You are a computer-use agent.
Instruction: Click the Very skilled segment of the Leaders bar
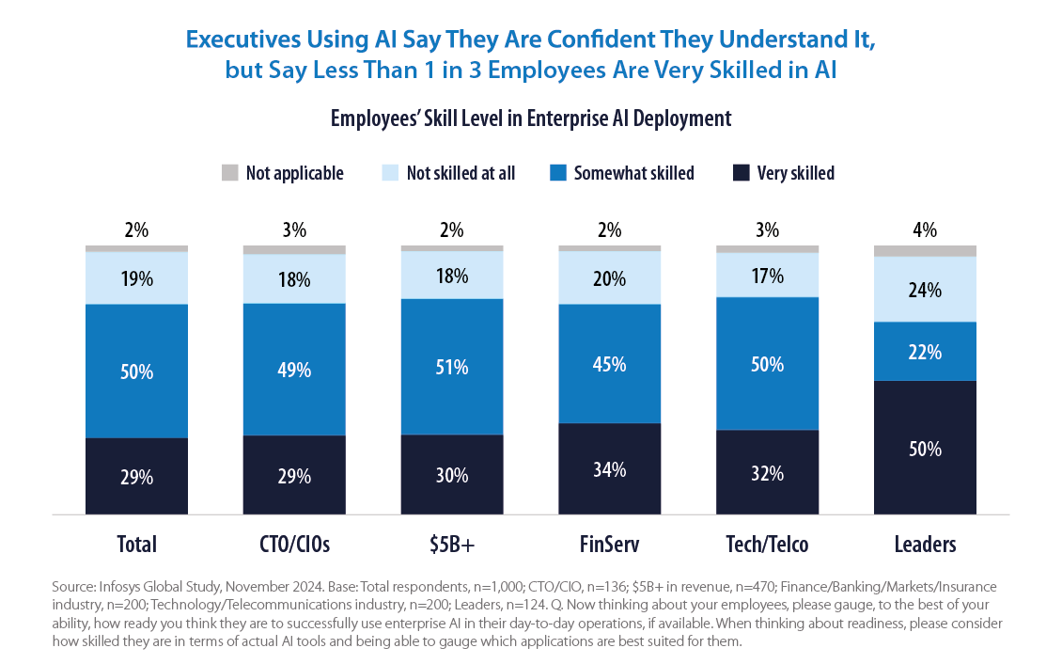tap(925, 414)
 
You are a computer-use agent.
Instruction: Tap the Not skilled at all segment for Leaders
tap(925, 290)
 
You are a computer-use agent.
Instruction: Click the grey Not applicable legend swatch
tap(230, 172)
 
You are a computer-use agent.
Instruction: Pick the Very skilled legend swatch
tap(741, 172)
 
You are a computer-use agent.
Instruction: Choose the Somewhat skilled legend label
tap(633, 173)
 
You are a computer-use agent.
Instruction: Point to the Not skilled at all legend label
tap(461, 173)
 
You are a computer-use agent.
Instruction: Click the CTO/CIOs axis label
tap(294, 544)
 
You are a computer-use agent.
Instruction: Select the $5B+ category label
tap(451, 544)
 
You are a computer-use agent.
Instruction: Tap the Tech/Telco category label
tap(767, 544)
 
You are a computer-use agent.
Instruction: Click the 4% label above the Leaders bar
tap(925, 229)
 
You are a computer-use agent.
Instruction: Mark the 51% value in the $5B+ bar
tap(451, 367)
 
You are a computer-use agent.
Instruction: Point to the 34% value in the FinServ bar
tap(609, 468)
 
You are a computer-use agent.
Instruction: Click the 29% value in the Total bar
tap(136, 477)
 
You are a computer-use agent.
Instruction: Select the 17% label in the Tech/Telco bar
tap(767, 277)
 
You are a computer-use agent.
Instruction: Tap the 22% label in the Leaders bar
tap(925, 352)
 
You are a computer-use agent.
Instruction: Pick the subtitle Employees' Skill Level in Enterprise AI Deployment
tap(530, 119)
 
